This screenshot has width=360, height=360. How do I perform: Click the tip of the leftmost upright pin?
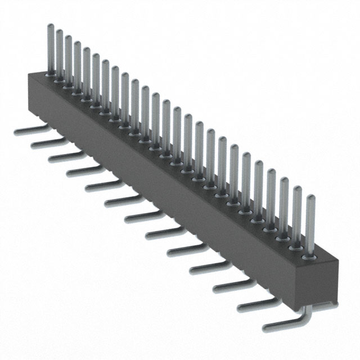pos(50,26)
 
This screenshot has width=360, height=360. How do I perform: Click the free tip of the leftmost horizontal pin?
pos(16,130)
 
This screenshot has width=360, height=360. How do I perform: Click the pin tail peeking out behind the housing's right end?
pos(321,304)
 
